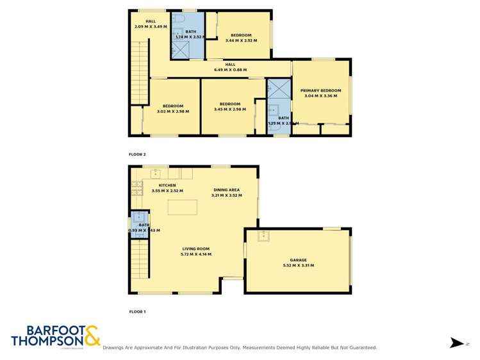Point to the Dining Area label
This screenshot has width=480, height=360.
point(226,190)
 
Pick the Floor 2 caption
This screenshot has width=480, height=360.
point(137,154)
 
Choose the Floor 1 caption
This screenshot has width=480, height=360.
point(137,311)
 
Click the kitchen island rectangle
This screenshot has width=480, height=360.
point(183,207)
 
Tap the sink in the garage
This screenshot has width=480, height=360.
point(264,236)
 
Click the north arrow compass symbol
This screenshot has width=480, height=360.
point(456,343)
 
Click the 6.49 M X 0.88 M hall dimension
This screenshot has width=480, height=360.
point(230,70)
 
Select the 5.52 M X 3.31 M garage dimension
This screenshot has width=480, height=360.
point(298,265)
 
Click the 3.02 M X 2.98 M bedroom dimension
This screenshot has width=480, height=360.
point(173,111)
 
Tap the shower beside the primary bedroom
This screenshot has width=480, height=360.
point(278,88)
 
